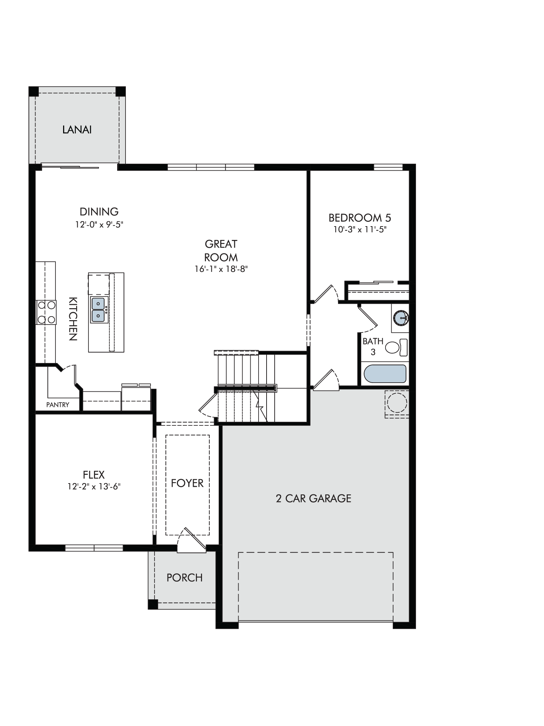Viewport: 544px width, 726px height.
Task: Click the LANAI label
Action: point(77,130)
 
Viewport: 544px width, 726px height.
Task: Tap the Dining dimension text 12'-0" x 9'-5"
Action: point(99,225)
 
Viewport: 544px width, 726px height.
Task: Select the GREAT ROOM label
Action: point(221,250)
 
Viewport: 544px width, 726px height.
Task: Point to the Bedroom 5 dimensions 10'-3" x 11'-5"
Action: point(360,229)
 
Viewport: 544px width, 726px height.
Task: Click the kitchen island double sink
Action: point(98,310)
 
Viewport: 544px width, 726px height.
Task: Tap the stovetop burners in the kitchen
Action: point(46,312)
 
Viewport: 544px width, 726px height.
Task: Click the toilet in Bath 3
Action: point(396,347)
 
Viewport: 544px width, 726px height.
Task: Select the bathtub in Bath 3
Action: point(385,374)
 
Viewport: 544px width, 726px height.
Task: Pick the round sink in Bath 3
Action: point(400,318)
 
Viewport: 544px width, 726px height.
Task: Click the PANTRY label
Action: point(58,405)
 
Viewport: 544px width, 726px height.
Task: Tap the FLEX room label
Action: point(94,475)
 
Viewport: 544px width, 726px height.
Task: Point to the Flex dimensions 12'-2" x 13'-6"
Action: point(94,486)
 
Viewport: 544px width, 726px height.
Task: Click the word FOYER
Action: point(187,483)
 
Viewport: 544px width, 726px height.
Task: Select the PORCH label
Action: point(185,578)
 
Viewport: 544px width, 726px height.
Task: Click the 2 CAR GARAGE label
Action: point(314,498)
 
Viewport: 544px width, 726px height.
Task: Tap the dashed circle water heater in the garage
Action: point(397,403)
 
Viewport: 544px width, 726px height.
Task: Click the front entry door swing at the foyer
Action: point(191,541)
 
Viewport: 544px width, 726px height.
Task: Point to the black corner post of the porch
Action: point(153,604)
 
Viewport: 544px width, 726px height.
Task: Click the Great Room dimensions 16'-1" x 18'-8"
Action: point(221,269)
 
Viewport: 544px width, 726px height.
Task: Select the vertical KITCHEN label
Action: point(73,319)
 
